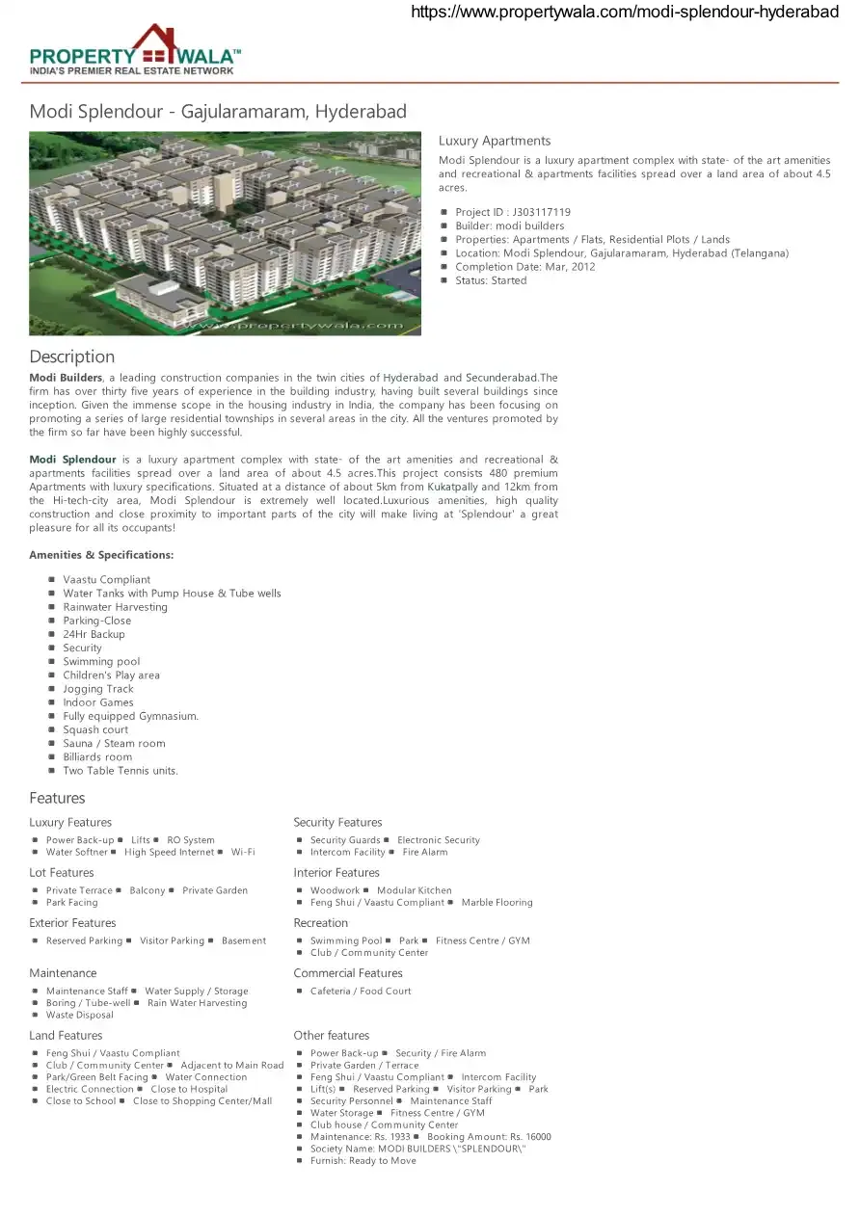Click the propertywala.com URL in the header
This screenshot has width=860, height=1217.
(x=625, y=12)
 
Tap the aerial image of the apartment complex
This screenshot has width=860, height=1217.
(x=225, y=233)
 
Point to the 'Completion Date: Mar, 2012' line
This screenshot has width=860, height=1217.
(x=524, y=267)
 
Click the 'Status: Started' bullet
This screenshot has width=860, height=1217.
(x=491, y=280)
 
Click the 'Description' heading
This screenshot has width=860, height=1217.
(x=71, y=357)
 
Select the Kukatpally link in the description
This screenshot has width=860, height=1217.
(x=452, y=488)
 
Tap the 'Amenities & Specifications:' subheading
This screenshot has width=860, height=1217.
(x=101, y=555)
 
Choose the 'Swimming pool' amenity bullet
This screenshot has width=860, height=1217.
(x=101, y=662)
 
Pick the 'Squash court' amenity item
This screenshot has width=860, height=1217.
(x=95, y=729)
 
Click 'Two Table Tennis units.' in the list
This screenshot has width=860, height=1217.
(x=121, y=771)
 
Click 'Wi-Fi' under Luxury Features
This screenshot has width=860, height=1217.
(x=243, y=852)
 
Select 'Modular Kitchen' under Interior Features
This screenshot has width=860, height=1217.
(x=414, y=890)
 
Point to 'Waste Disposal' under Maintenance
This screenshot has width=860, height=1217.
(x=80, y=1015)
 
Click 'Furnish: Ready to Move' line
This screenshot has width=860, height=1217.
(x=363, y=1161)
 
